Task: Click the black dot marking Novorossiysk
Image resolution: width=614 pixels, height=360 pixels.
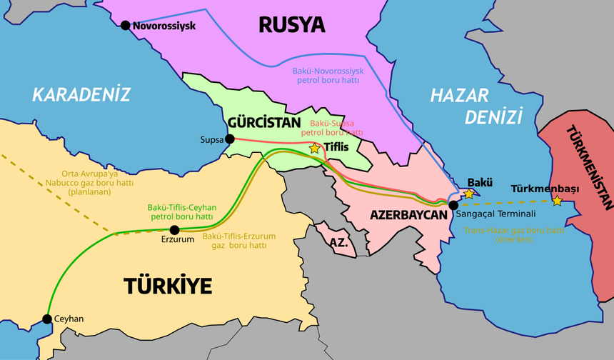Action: [126, 26]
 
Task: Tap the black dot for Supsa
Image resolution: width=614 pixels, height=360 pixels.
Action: [229, 139]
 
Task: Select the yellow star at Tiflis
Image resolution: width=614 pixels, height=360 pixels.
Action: [315, 149]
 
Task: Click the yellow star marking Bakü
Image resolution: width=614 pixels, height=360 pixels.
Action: [468, 194]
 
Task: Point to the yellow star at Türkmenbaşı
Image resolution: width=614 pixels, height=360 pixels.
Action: [557, 201]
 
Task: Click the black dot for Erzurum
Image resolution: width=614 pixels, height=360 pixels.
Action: [175, 229]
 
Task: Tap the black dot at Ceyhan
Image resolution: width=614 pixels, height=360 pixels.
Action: [47, 319]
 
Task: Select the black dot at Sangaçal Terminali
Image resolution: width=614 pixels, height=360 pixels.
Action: [453, 205]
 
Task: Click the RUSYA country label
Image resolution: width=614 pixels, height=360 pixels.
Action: [291, 26]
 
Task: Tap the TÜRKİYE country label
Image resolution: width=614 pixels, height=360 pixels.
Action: [168, 286]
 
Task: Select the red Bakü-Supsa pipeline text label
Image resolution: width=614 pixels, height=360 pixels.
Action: [333, 128]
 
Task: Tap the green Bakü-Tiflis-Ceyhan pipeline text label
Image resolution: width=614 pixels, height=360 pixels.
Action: [181, 211]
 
